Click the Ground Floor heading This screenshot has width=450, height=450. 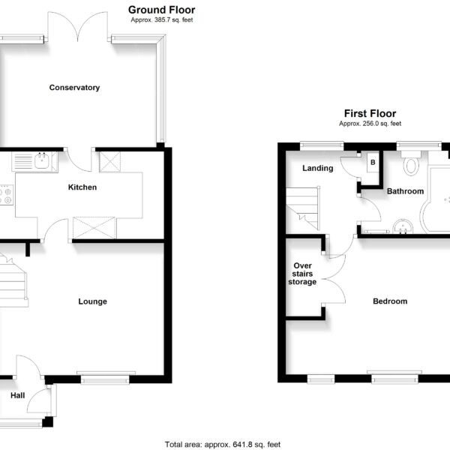click(161, 10)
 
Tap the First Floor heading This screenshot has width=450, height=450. click(370, 114)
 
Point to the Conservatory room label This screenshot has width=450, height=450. click(74, 88)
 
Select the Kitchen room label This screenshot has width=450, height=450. click(82, 187)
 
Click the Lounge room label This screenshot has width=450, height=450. click(93, 301)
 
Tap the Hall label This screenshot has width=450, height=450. click(17, 395)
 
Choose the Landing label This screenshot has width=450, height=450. click(318, 169)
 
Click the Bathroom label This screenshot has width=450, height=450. click(405, 191)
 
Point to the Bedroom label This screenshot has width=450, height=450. click(390, 301)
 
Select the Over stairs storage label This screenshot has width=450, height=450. click(302, 274)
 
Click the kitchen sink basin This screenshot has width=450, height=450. click(41, 161)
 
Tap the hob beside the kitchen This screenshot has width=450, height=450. click(6, 195)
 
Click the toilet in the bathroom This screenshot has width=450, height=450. click(411, 163)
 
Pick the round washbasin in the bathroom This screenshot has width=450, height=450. click(403, 226)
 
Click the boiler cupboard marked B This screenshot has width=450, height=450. click(373, 162)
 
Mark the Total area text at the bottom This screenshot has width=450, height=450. click(223, 445)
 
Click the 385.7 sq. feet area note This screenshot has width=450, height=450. click(162, 19)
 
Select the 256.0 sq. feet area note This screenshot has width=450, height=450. click(370, 124)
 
